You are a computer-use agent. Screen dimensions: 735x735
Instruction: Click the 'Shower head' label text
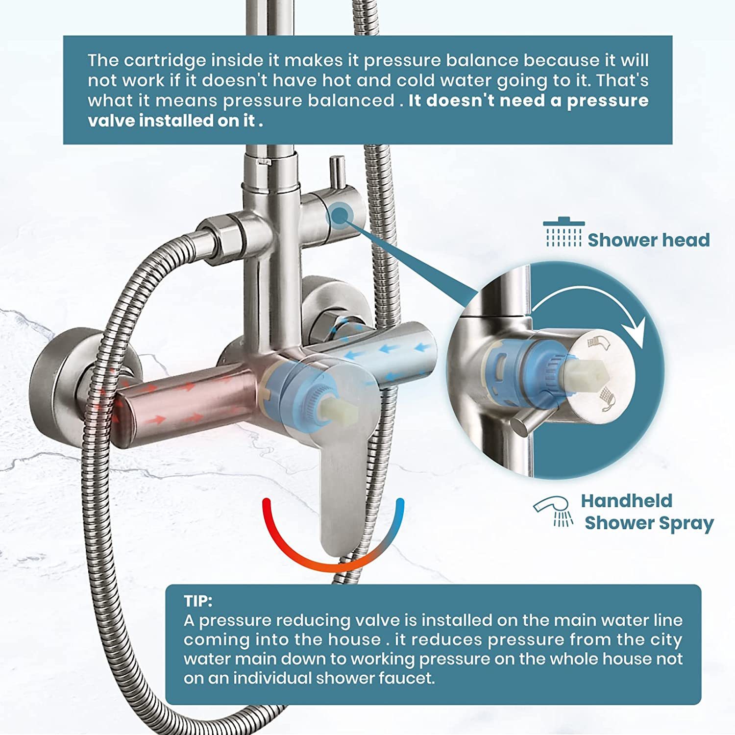(x=648, y=240)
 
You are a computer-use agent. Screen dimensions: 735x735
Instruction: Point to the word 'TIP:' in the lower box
(x=198, y=601)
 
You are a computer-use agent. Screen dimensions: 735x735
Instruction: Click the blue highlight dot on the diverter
(x=340, y=215)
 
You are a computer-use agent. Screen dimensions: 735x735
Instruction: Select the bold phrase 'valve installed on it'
(x=172, y=121)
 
